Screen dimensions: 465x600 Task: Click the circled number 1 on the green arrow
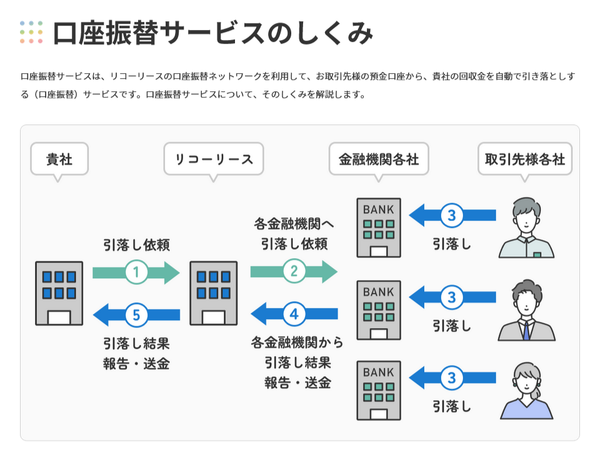tap(136, 272)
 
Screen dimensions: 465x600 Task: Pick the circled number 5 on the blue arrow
tap(136, 314)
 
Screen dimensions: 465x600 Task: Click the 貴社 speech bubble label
tap(59, 159)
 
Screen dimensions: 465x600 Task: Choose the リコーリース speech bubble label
tap(214, 159)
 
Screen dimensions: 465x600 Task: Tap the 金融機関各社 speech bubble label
tap(379, 159)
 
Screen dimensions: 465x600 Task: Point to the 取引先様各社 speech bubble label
tap(525, 159)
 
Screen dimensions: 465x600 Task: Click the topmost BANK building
tap(379, 228)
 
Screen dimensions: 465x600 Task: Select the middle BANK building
tap(379, 310)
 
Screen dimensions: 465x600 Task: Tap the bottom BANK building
tap(379, 391)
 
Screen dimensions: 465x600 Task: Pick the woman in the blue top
tap(526, 392)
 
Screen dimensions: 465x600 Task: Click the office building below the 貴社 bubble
tap(59, 293)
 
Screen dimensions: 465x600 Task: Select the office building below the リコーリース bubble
tap(213, 293)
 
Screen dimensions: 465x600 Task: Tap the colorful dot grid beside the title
tap(31, 32)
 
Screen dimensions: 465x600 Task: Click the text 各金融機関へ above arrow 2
tap(294, 224)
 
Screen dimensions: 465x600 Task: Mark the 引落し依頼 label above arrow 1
tap(136, 245)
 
